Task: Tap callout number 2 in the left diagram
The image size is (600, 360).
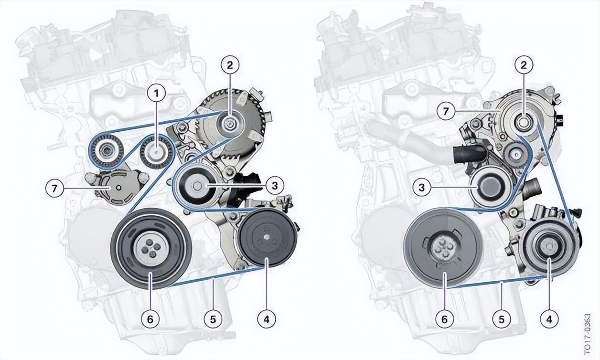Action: (230, 65)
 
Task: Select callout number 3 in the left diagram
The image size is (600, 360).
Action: (275, 185)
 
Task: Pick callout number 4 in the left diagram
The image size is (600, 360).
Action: (267, 319)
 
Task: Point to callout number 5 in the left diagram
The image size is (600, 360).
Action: (213, 319)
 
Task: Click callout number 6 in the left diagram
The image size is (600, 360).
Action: (150, 319)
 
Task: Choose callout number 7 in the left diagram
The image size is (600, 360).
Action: (54, 189)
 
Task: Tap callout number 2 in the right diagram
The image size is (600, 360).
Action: (524, 65)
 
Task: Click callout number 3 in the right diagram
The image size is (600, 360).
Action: (422, 187)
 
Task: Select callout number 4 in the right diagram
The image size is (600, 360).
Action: (549, 319)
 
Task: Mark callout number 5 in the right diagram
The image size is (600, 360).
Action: (502, 319)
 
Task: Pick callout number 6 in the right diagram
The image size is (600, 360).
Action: (444, 319)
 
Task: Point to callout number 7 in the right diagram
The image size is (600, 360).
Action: (446, 111)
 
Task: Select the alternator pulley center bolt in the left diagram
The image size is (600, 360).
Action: (230, 123)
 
